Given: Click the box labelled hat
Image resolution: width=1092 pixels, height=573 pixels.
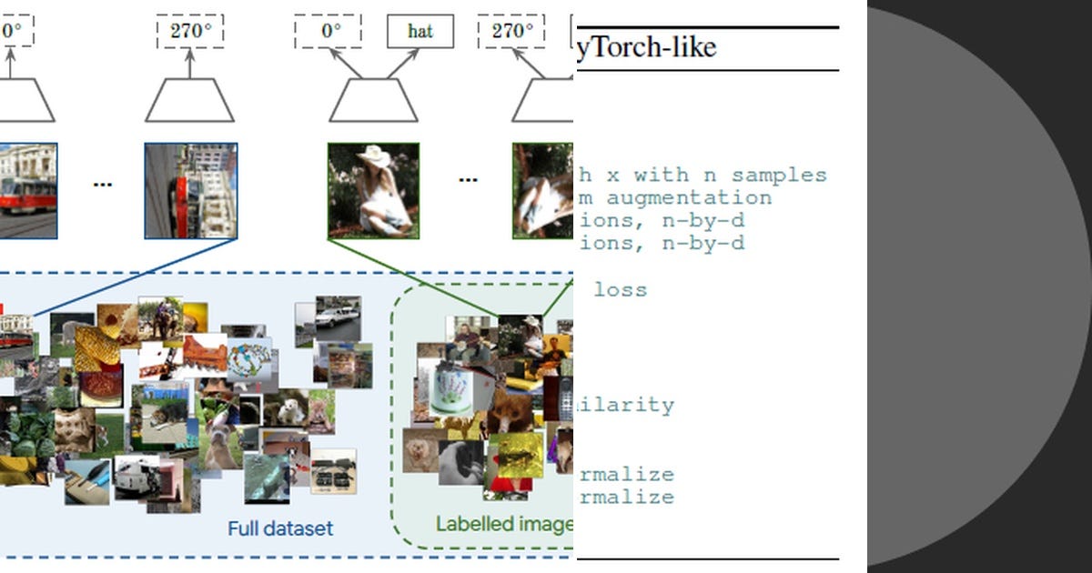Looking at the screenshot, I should (x=420, y=31).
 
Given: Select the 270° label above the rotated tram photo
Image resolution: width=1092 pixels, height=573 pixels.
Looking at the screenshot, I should (x=190, y=31).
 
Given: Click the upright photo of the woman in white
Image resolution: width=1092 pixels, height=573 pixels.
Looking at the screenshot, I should (x=373, y=191).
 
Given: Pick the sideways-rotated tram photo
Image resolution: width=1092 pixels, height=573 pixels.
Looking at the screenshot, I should (x=191, y=191).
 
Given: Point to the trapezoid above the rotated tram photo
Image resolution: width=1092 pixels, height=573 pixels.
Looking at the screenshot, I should (x=190, y=100).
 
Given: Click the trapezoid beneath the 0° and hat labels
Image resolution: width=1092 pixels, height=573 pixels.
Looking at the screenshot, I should (x=373, y=100).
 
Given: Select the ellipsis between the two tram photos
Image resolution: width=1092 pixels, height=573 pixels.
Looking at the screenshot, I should (x=103, y=184).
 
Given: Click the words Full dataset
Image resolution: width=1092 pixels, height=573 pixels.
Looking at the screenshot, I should (x=280, y=528).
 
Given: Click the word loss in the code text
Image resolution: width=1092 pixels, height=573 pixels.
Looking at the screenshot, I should (x=620, y=290).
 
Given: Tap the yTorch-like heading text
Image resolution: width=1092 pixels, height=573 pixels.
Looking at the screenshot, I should (x=647, y=47).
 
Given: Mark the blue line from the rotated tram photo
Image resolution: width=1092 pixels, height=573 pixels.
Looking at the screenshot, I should (x=136, y=277).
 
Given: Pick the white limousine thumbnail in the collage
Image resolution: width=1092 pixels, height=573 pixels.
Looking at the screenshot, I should (x=338, y=317).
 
